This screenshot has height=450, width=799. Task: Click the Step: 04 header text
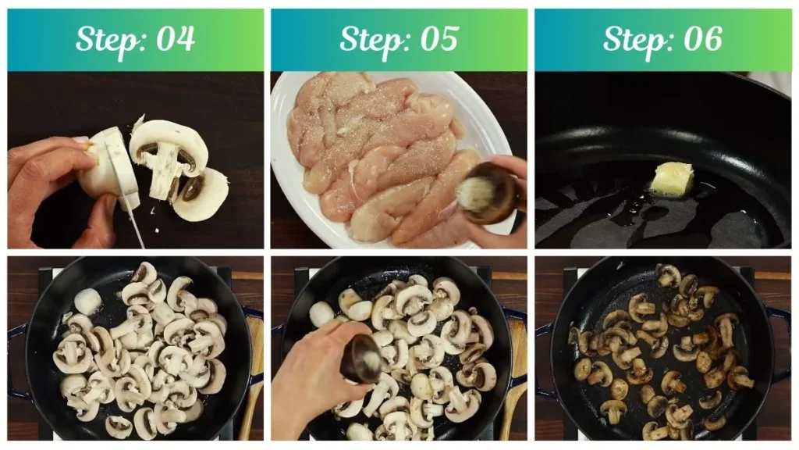pyautogui.click(x=135, y=39)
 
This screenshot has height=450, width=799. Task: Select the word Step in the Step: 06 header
pyautogui.click(x=630, y=39)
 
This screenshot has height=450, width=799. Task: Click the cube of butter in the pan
pyautogui.click(x=671, y=179)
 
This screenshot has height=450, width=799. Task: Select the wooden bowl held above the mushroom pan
pyautogui.click(x=362, y=358)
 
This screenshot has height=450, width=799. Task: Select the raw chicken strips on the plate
pyautogui.click(x=382, y=156)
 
